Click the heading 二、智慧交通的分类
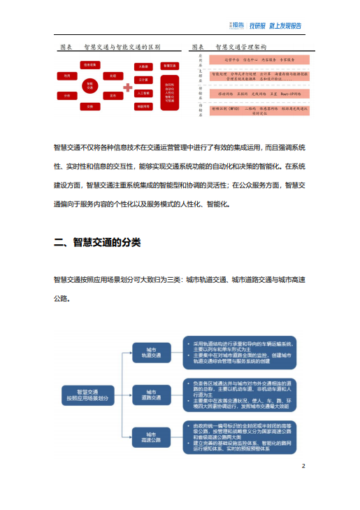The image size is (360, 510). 97,242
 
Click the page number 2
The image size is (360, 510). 303,466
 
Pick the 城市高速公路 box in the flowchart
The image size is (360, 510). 152,436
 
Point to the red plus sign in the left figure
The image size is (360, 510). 128,87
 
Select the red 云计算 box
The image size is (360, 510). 143,80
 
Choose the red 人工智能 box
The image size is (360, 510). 143,93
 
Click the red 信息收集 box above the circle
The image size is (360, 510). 89,64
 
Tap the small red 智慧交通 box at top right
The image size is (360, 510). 168,66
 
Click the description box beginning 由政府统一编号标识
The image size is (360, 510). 241,435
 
